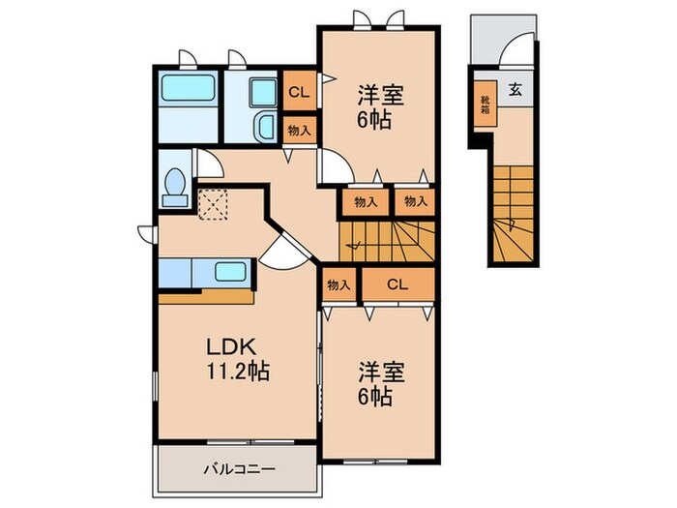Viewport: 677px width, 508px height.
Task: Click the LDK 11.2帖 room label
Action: click(x=236, y=359)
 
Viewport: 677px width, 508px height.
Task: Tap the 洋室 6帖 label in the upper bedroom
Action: click(x=379, y=109)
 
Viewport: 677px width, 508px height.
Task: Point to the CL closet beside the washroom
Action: click(x=298, y=93)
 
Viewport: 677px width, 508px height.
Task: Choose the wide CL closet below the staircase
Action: click(x=397, y=285)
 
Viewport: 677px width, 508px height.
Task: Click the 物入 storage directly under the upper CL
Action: click(x=298, y=130)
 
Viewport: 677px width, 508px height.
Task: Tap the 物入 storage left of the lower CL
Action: click(x=338, y=285)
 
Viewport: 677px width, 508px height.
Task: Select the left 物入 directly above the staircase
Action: click(x=365, y=201)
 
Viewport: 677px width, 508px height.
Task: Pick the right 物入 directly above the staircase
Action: click(x=415, y=201)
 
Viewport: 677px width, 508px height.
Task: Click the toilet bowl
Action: click(x=175, y=185)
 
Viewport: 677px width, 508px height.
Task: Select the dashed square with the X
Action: click(x=211, y=204)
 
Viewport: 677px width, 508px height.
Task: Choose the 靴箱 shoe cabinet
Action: click(x=485, y=104)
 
